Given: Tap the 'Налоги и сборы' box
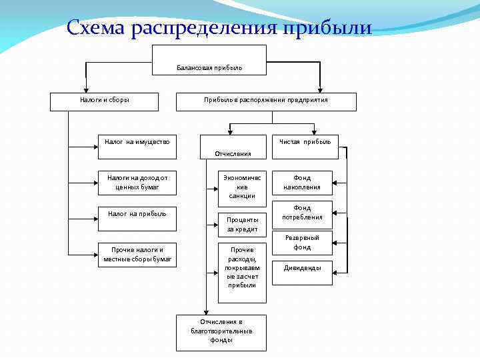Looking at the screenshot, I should [105, 101].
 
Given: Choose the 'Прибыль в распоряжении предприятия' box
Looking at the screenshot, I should [265, 101].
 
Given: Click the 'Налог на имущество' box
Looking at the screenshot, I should [137, 147].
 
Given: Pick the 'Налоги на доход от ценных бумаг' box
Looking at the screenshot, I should [137, 183].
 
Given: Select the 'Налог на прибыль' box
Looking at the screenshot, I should [137, 218].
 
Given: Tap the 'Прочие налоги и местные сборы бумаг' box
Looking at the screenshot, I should [137, 254].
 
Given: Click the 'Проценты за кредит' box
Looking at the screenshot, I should [242, 224].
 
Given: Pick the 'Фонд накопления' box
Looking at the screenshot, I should [303, 183].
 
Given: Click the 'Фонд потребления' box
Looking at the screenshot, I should [303, 213].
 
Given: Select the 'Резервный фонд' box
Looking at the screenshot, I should [303, 243].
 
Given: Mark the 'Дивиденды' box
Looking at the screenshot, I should [303, 271].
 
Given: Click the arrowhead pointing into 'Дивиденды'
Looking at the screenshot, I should [335, 271].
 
